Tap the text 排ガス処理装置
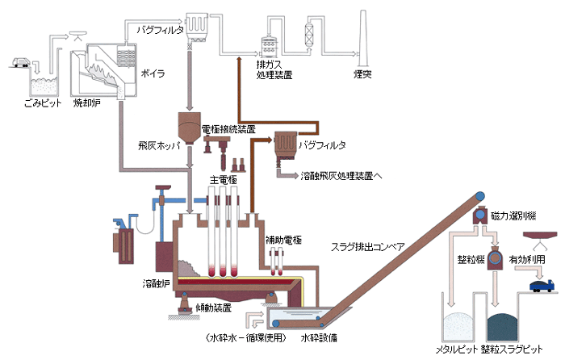click(x=274, y=69)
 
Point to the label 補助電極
click(x=283, y=240)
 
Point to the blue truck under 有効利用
click(x=538, y=284)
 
